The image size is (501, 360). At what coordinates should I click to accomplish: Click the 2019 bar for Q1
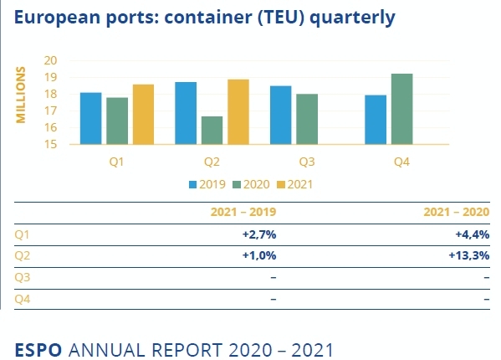point(91,118)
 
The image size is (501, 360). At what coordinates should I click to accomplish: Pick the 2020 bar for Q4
point(402,109)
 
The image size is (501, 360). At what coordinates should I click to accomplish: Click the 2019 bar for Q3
point(280,115)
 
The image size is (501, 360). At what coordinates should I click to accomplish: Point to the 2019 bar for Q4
point(376,120)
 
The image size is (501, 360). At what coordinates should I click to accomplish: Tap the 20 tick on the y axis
point(50,60)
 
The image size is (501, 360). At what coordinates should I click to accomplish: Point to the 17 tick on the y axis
point(50,111)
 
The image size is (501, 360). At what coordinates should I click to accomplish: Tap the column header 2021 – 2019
point(243,213)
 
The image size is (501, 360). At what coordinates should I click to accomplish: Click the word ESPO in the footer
point(38,347)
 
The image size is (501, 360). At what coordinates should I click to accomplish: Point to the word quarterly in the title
point(352,17)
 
